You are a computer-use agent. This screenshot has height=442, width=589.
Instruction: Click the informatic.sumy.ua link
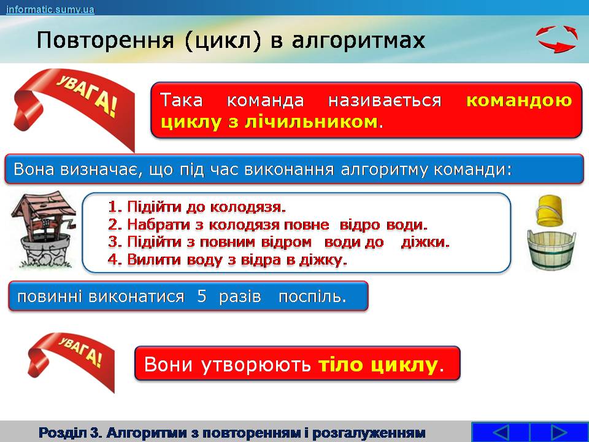click(x=50, y=9)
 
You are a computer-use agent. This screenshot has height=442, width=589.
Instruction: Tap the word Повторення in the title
click(x=106, y=41)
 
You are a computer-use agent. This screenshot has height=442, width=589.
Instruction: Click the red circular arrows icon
click(x=556, y=39)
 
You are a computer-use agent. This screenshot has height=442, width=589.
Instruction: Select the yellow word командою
click(x=519, y=100)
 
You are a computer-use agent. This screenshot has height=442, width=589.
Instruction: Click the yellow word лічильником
click(x=311, y=122)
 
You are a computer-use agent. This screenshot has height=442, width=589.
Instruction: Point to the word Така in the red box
click(x=182, y=100)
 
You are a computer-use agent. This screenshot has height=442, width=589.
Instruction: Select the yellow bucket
click(x=549, y=211)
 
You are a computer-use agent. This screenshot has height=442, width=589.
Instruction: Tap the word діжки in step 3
click(x=425, y=242)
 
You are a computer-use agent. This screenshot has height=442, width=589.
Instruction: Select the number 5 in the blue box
click(x=202, y=296)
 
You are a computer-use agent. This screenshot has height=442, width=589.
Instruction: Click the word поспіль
click(x=312, y=297)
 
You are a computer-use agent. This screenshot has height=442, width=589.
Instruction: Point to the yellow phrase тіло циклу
click(x=377, y=364)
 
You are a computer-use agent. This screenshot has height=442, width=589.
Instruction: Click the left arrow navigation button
click(x=501, y=432)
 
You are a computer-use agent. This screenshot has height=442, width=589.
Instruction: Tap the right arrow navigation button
click(x=558, y=432)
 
